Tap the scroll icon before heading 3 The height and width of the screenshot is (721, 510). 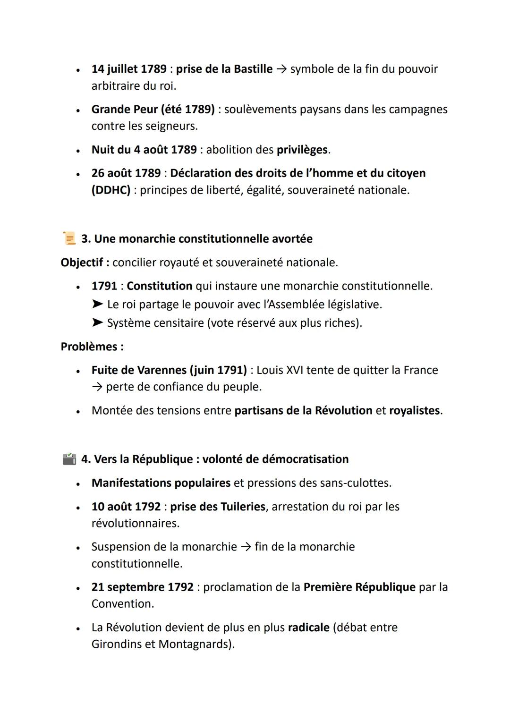pos(69,238)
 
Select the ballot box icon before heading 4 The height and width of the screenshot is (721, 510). pos(69,459)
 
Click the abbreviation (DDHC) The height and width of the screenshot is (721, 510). pos(111,190)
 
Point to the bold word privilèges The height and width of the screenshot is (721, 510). pos(302,150)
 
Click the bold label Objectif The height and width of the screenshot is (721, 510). pos(82,263)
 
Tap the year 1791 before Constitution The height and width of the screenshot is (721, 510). pos(104,286)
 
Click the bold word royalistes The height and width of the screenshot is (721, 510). pos(414,411)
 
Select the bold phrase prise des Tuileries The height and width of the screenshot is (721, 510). pos(218,507)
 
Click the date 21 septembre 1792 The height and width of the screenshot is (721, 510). pos(143,587)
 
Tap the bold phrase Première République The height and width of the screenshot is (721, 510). pos(359,587)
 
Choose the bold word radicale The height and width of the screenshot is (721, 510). pos(308,628)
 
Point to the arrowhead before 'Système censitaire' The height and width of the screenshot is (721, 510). pos(97,323)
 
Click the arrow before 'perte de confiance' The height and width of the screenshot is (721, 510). pos(97,387)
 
